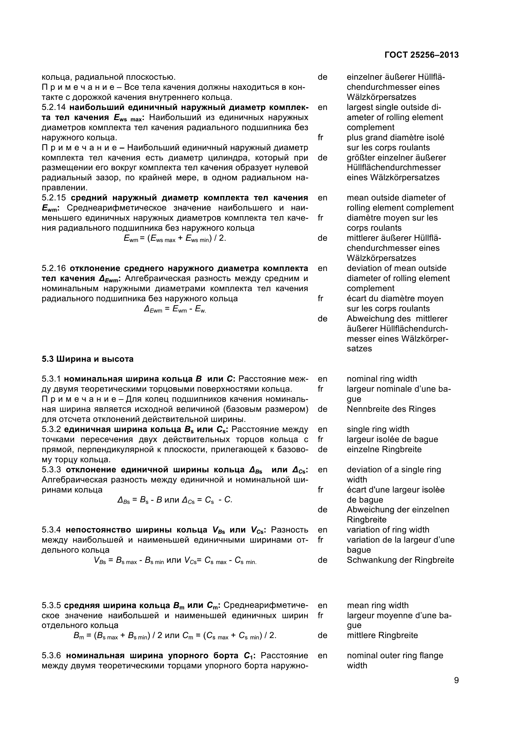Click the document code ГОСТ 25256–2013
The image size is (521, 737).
point(421,55)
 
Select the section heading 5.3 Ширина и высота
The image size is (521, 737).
point(87,359)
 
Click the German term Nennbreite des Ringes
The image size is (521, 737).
point(391,409)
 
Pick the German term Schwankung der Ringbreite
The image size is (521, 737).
point(400,560)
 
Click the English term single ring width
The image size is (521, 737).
point(378,429)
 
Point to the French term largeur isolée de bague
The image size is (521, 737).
point(392,440)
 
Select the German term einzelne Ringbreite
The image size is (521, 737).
point(384,449)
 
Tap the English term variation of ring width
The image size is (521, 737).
point(388,530)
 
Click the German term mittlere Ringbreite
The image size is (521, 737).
point(382,635)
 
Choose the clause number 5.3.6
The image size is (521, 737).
point(51,655)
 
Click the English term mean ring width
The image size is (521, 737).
point(378,605)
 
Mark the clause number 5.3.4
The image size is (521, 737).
point(51,530)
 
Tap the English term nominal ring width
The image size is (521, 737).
point(382,379)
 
